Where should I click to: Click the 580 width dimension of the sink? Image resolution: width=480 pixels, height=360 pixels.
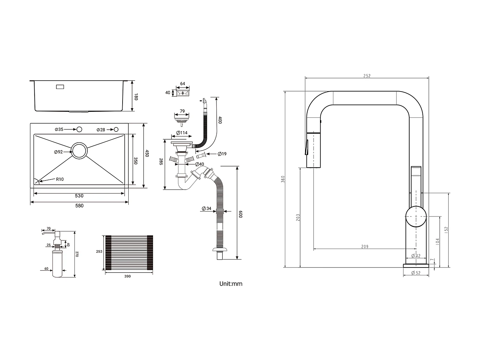79,205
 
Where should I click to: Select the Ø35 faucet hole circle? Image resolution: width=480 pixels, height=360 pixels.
79,129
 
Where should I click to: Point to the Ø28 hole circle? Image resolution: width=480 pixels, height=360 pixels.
116,129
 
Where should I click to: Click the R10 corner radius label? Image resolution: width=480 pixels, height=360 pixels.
60,179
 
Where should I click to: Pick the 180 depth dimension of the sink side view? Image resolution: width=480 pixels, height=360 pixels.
136,97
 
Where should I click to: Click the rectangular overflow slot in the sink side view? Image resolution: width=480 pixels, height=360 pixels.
60,87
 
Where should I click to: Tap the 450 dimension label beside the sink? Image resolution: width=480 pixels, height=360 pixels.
147,153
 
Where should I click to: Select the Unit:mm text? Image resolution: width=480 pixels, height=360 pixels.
231,284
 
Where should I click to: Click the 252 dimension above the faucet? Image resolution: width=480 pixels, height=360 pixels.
367,76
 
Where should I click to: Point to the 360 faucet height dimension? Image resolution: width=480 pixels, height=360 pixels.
283,179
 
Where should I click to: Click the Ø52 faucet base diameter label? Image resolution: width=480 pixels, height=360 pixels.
416,273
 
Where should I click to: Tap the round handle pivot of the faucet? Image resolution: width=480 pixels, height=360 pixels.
416,217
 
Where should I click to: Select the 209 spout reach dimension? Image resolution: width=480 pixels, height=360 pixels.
365,246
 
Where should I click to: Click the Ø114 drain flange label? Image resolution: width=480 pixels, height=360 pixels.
182,133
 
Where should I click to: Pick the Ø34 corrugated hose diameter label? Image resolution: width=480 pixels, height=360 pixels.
206,209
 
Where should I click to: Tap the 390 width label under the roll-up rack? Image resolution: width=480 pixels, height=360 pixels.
127,276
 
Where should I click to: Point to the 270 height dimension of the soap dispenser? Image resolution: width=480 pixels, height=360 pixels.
77,254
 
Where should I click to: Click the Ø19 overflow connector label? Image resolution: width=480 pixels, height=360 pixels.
222,154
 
